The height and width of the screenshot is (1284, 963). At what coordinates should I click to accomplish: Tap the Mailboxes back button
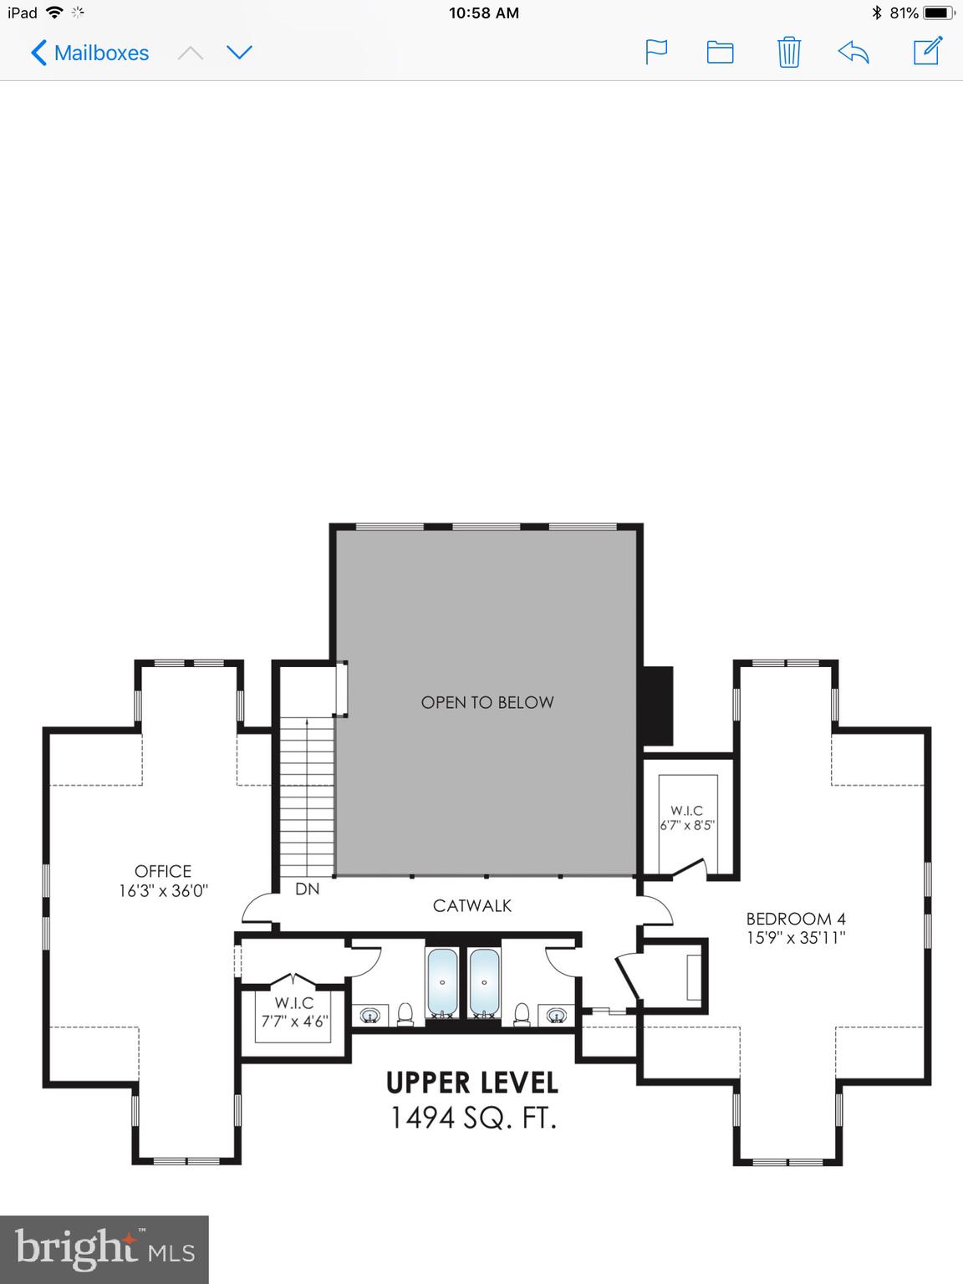point(89,53)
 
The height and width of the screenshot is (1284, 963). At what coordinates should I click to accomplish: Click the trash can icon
point(788,53)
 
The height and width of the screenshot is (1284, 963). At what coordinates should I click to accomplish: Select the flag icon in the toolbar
point(656,52)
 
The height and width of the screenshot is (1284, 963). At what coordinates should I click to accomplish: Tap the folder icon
point(720,53)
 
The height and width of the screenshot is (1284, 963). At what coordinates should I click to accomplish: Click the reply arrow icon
point(853,53)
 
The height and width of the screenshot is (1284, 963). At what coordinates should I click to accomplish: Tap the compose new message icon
point(927,51)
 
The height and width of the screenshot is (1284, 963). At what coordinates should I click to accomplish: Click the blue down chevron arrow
point(239,53)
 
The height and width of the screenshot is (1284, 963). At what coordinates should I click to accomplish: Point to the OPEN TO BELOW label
point(487,702)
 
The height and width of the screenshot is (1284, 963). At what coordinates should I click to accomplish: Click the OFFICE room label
point(163,871)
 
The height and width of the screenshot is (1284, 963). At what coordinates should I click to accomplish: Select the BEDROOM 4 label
point(796,919)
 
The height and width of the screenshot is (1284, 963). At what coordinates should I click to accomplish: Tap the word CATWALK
point(472,905)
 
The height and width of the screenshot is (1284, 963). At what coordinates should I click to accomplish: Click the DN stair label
point(308,889)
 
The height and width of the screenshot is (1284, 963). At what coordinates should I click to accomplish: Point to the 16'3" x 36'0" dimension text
point(163,891)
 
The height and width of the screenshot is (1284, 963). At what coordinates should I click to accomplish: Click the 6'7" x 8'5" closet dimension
point(687,826)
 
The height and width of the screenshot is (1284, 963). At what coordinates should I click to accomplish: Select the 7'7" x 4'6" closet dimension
point(294,1021)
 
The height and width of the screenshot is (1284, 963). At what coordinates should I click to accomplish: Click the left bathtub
point(442,982)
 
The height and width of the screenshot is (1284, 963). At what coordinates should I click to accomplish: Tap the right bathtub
point(484,982)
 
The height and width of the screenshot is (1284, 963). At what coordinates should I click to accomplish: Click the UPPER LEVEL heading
point(472,1083)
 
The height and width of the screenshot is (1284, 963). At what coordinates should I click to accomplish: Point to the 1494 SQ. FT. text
point(473,1118)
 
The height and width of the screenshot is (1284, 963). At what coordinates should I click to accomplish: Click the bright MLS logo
point(104,1250)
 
